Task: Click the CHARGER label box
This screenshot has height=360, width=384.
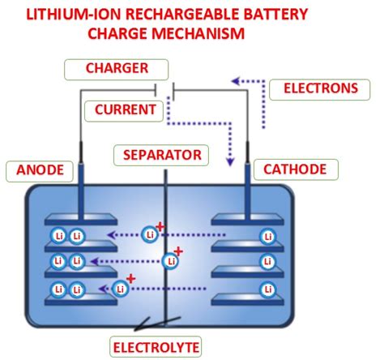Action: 117,69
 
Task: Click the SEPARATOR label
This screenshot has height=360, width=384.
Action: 161,153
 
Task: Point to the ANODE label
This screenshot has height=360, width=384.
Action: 35,171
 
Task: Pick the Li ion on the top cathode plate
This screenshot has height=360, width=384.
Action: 267,236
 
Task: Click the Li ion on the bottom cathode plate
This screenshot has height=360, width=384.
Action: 267,289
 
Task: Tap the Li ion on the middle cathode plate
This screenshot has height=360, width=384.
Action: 267,262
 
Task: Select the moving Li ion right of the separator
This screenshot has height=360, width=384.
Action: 170,261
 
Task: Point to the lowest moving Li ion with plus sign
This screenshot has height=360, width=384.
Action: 121,288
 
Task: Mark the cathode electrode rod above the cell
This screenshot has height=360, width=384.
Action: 246,165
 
